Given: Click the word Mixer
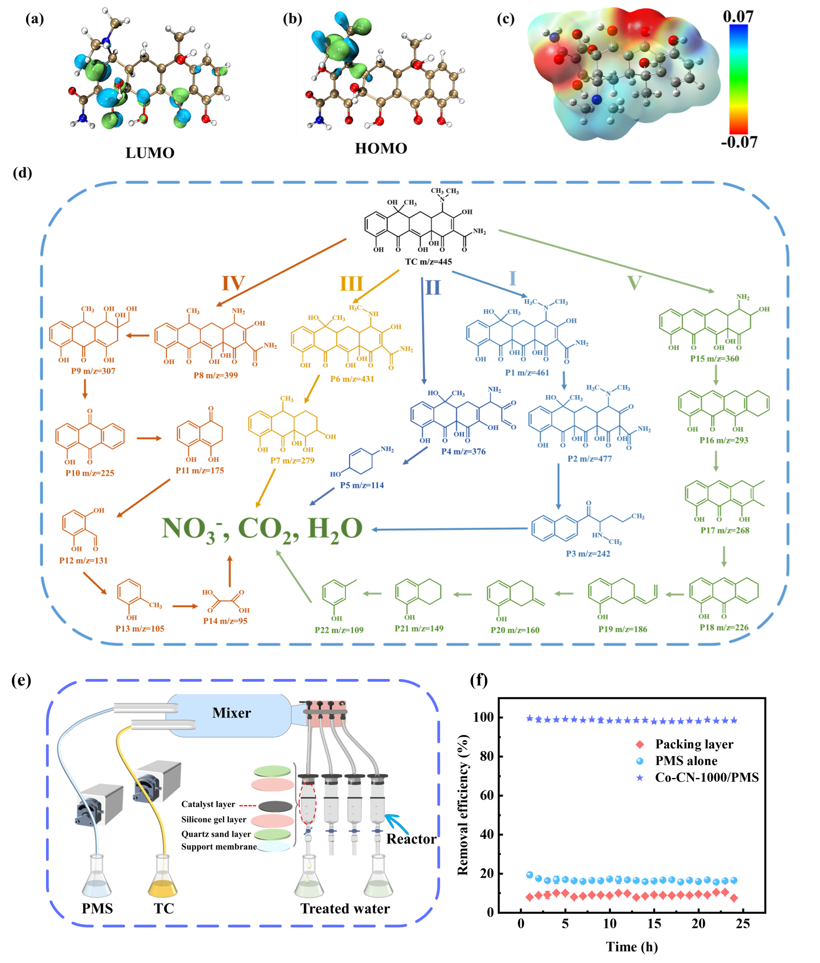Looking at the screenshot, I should point(231,713).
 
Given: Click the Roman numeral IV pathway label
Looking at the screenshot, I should point(233,283).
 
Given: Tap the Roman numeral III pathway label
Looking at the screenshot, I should point(351,283).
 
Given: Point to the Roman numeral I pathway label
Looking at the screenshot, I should point(513,279).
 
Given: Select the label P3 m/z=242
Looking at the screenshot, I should point(588,554).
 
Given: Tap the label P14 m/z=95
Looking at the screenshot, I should point(225,621).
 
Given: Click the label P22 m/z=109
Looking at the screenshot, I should point(339,630).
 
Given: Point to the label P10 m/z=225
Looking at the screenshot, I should point(90,473).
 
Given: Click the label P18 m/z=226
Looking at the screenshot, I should point(724,627).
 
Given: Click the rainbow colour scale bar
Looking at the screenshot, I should point(739,79).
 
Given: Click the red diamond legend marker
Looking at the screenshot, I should point(640,745).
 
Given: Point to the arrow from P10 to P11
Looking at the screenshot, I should point(149,438).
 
